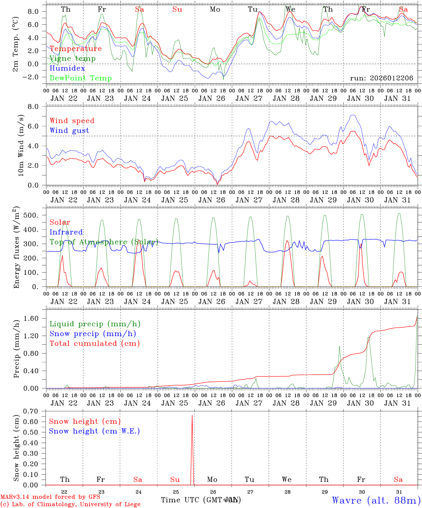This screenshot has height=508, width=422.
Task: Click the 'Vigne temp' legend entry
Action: pyautogui.click(x=72, y=59)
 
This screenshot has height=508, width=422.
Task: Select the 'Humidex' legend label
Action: pyautogui.click(x=67, y=68)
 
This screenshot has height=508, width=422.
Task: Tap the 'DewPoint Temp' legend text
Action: pyautogui.click(x=81, y=78)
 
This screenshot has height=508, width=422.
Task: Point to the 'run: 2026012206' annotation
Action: pyautogui.click(x=381, y=78)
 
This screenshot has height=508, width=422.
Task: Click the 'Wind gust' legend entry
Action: pyautogui.click(x=69, y=131)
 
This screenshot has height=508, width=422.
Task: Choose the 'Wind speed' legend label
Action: pyautogui.click(x=72, y=121)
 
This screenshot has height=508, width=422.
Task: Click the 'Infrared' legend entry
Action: pyautogui.click(x=66, y=232)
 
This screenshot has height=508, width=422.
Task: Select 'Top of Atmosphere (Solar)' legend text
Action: pyautogui.click(x=104, y=242)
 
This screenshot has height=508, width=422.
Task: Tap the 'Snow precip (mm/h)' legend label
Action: pyautogui.click(x=93, y=334)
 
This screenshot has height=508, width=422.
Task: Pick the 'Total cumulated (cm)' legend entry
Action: pyautogui.click(x=94, y=344)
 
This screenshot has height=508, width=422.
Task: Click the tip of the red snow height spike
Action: pyautogui.click(x=192, y=416)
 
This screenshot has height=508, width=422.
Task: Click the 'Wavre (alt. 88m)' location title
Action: pyautogui.click(x=376, y=500)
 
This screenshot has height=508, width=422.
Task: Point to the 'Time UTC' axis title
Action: pyautogui.click(x=200, y=500)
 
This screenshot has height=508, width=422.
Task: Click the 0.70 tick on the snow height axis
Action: pyautogui.click(x=35, y=411)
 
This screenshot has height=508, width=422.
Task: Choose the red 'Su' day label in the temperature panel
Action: pyautogui.click(x=177, y=10)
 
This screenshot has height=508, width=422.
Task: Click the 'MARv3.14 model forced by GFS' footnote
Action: pyautogui.click(x=50, y=497)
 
